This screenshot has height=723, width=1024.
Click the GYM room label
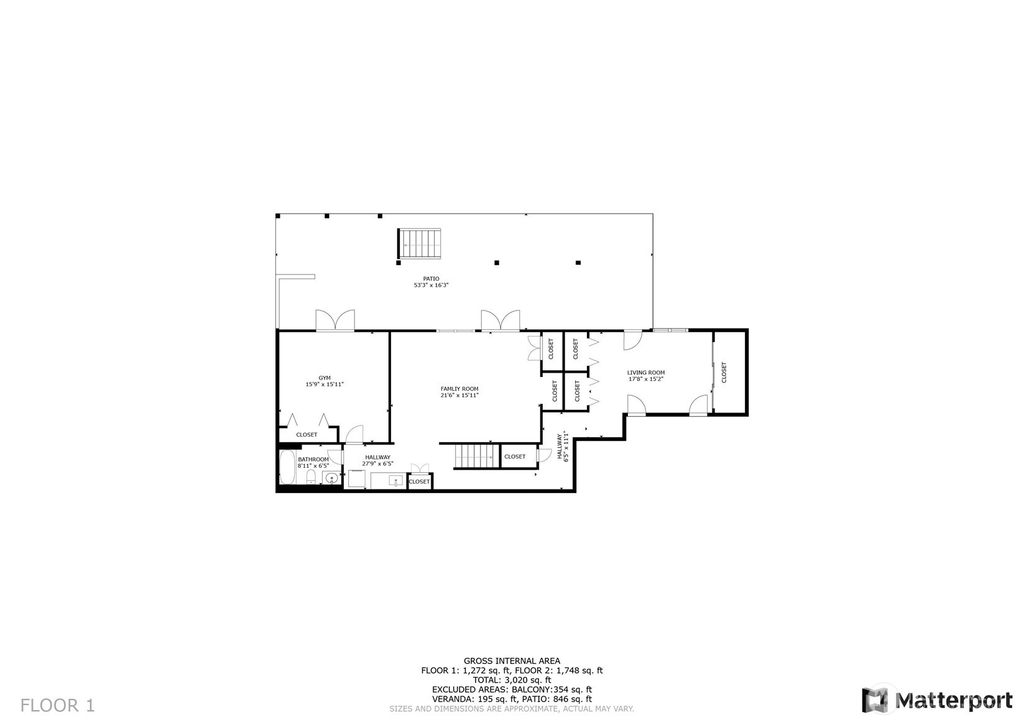pos(325,378)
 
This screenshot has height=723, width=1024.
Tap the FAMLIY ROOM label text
pos(459,389)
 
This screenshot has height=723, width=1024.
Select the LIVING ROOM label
pos(645,373)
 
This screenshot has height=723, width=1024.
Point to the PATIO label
pos(431,279)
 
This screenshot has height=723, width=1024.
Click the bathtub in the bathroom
pos(288,468)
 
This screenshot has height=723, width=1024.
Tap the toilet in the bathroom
pos(311,477)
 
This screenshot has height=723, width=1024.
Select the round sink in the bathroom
pos(331,478)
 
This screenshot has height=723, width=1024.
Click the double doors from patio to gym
pos(335,321)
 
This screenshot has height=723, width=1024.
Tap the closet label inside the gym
pos(307,435)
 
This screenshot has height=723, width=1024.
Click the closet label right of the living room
pos(724,372)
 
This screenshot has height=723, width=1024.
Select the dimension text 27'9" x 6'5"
pos(378,463)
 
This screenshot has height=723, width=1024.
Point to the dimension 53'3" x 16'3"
pos(431,285)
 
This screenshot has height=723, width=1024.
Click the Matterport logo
pos(937,700)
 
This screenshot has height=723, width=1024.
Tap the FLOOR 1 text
pos(57,706)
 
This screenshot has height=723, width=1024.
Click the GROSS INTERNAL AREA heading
pos(512,661)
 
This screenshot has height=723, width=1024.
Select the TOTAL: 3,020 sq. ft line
pos(512,680)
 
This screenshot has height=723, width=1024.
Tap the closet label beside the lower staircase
pos(515,457)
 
